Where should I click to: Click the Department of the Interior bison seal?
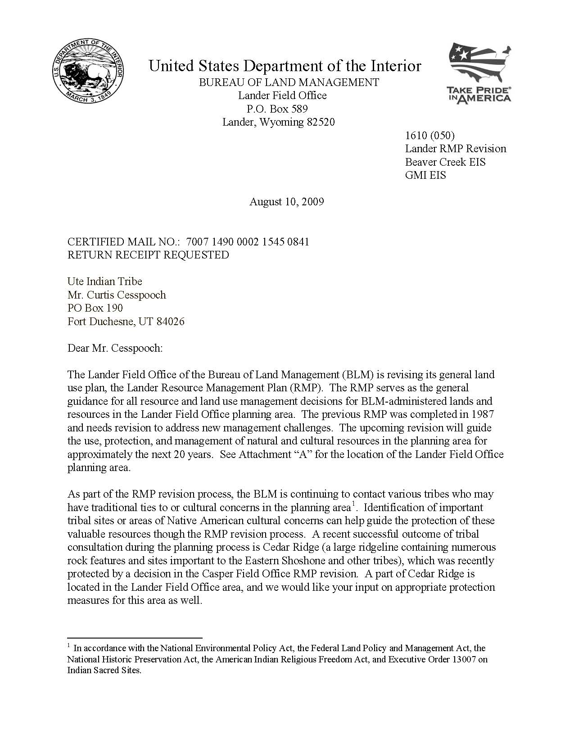pos(88,72)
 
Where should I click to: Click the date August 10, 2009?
pos(287,201)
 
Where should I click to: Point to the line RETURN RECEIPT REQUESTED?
pos(148,255)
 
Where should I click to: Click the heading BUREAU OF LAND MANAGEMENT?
pos(289,82)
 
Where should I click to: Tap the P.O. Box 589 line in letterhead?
pos(278,109)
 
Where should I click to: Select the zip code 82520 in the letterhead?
pos(321,122)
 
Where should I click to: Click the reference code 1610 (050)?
pos(429,136)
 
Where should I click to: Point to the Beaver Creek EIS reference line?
pos(445,162)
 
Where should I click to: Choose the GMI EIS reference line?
pos(425,175)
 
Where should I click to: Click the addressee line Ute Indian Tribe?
pos(104,281)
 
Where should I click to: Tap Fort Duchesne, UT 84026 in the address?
pos(126,322)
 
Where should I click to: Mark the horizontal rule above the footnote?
pos(135,638)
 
